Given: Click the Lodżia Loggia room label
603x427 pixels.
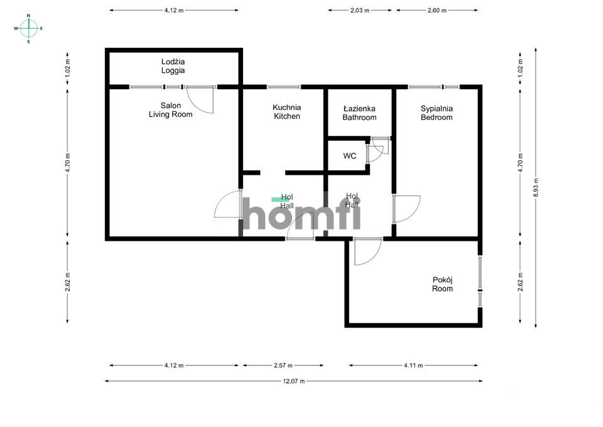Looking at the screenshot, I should [x=173, y=66].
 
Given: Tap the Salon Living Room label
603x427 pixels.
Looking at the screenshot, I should [x=170, y=110].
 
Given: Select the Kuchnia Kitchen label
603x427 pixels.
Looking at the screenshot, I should [x=286, y=112].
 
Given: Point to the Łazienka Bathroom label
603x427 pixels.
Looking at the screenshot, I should [x=359, y=113].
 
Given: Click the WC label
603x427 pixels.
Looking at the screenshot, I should [x=350, y=156].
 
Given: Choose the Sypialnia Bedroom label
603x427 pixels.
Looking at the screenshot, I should [x=437, y=113].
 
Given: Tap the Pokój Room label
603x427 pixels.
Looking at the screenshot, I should [x=442, y=284].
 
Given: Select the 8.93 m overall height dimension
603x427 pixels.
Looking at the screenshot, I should [x=535, y=187].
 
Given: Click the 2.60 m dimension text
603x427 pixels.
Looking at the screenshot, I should [x=437, y=10].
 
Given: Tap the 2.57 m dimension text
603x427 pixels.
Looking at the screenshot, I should [x=283, y=365].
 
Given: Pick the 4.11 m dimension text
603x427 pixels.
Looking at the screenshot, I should [x=413, y=365].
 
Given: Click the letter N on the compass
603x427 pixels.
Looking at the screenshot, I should [x=28, y=14].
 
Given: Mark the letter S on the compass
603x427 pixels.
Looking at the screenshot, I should [x=28, y=42].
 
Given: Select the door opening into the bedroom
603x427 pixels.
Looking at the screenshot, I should [x=406, y=208].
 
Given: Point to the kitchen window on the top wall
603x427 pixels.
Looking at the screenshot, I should [x=283, y=87].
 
